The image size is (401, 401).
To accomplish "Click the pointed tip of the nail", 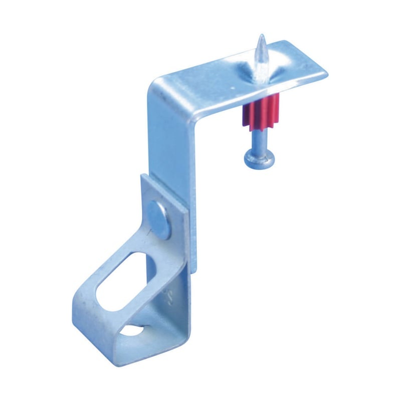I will click(261, 37).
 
